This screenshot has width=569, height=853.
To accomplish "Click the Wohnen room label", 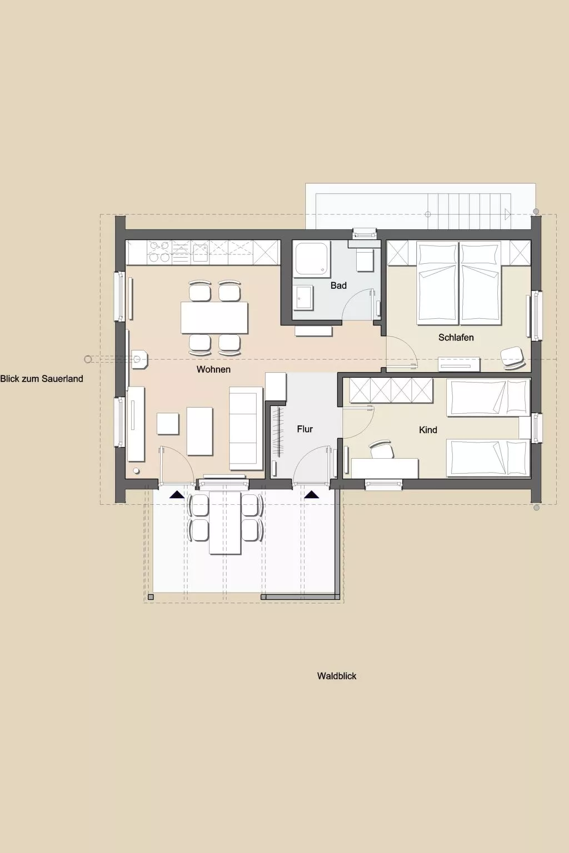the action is (213, 369).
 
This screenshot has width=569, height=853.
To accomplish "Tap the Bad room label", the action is (338, 285).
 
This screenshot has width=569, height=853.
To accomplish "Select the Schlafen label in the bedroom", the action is (456, 338).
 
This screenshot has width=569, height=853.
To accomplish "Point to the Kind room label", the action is (428, 430).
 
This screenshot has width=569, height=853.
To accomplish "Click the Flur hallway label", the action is (305, 429).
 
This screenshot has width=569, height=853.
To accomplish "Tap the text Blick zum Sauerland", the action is (42, 379).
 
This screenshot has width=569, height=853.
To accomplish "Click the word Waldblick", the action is (337, 676).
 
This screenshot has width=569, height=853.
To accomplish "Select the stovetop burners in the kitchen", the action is (159, 252).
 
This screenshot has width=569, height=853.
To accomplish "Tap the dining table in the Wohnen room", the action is (214, 317).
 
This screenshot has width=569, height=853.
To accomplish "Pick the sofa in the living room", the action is (246, 428).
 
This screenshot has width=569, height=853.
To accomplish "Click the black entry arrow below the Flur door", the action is (312, 494).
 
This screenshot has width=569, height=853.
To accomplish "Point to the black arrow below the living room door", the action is (177, 494).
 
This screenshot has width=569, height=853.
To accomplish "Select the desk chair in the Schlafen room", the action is (512, 357).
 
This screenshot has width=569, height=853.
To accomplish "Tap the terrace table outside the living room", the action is (225, 523).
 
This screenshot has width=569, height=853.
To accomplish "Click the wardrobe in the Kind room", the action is (391, 390).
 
